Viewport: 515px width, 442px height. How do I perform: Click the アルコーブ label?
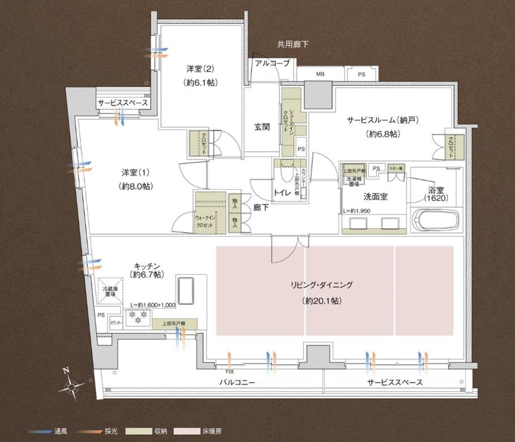click(x=272, y=63)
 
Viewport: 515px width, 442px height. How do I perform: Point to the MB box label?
click(x=320, y=74)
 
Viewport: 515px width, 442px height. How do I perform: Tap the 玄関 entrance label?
click(x=261, y=127)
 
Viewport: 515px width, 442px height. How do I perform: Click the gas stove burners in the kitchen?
click(x=136, y=320)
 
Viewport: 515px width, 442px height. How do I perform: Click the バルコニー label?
click(x=237, y=383)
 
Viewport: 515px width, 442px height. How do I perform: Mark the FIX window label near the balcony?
click(x=229, y=372)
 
